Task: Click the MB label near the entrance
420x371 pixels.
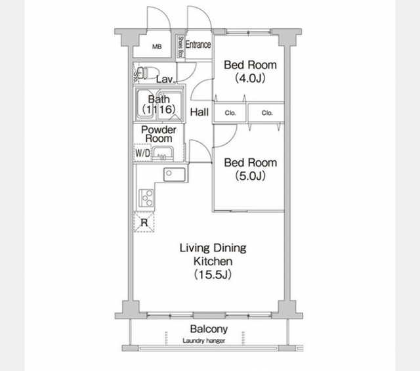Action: [x=157, y=47]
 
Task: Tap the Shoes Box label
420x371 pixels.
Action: [x=181, y=47]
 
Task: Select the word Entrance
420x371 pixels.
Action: [x=198, y=45]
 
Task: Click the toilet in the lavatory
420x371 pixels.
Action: [x=148, y=72]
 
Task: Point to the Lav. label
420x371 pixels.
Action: [x=166, y=79]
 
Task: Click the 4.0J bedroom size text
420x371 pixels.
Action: [x=250, y=78]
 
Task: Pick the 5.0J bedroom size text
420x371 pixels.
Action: [x=250, y=176]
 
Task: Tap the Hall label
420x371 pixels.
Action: [x=199, y=112]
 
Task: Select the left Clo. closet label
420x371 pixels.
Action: [x=230, y=113]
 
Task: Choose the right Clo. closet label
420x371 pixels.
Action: [x=267, y=113]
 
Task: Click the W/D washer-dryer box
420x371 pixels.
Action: [x=142, y=153]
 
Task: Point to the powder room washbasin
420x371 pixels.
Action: [x=163, y=154]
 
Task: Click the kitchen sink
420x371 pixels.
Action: [x=175, y=175]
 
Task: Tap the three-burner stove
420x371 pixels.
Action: [x=146, y=198]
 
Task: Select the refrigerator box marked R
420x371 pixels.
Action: [x=144, y=222]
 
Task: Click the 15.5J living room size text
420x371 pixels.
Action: [x=213, y=274]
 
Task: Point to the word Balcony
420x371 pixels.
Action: [x=209, y=329]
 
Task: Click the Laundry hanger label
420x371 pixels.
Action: [x=204, y=341]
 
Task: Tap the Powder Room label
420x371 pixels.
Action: [x=159, y=134]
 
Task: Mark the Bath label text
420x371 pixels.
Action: [x=159, y=99]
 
